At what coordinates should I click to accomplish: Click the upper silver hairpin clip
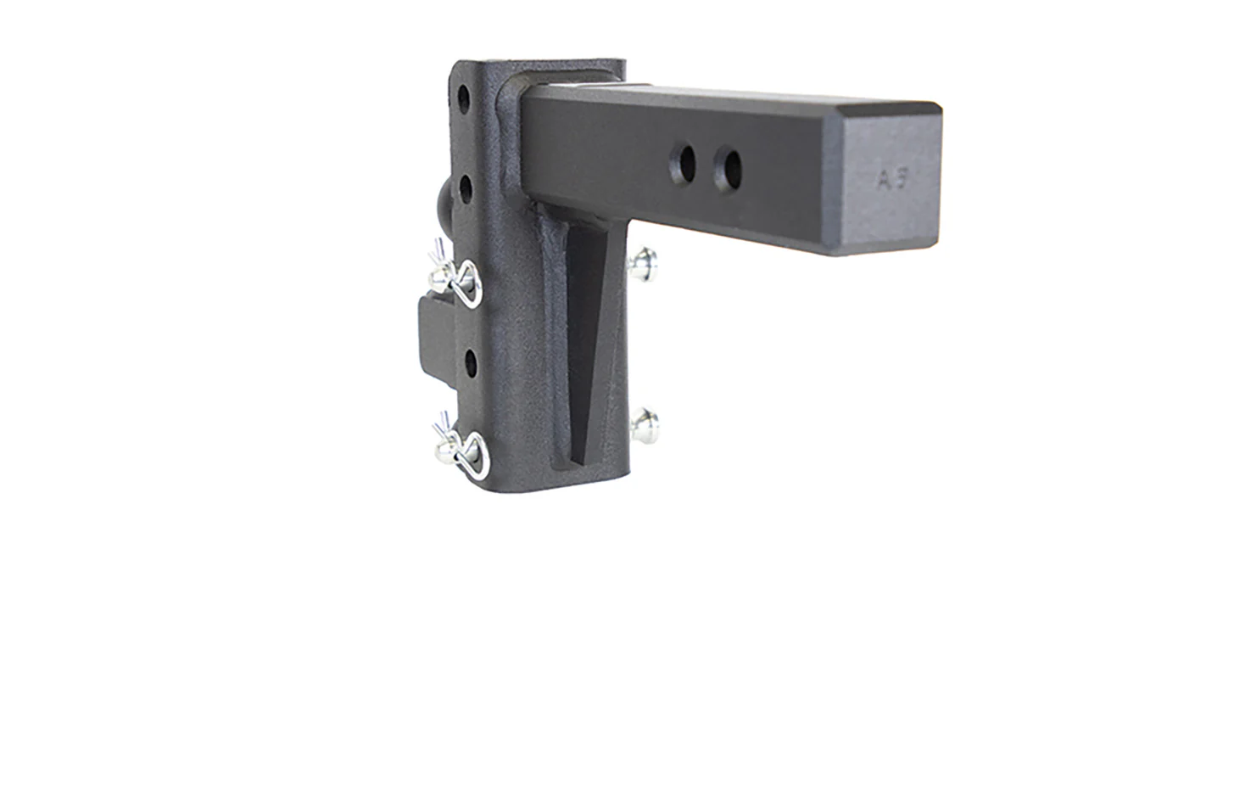[x=459, y=277]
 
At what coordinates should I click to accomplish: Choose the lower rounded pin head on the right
[x=644, y=422]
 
